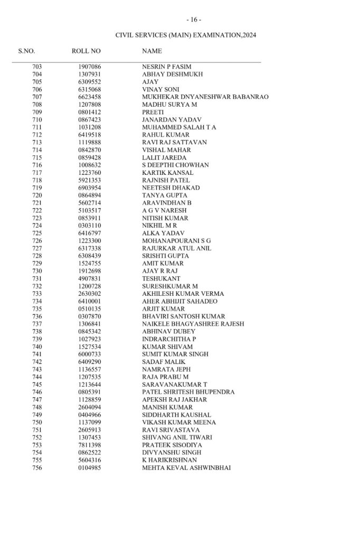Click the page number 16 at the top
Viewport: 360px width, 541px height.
pyautogui.click(x=194, y=20)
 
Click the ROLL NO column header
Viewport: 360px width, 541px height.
pyautogui.click(x=86, y=51)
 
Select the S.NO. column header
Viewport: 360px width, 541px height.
pyautogui.click(x=27, y=51)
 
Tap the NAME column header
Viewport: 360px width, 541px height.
pyautogui.click(x=152, y=51)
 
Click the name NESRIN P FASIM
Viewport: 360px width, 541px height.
pyautogui.click(x=166, y=67)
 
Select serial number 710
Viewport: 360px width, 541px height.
pyautogui.click(x=37, y=120)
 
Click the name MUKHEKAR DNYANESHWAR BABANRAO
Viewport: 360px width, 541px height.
pyautogui.click(x=205, y=97)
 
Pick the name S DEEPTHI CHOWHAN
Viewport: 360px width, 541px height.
pyautogui.click(x=175, y=165)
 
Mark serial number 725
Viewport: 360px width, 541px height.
pyautogui.click(x=37, y=233)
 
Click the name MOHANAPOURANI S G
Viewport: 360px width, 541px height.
pyautogui.click(x=176, y=241)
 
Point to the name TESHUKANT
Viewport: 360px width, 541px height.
pyautogui.click(x=161, y=278)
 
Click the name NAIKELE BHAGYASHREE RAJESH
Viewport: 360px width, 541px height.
pyautogui.click(x=193, y=324)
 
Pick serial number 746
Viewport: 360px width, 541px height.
pyautogui.click(x=37, y=392)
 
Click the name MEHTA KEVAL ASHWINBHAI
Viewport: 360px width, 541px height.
pyautogui.click(x=186, y=468)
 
